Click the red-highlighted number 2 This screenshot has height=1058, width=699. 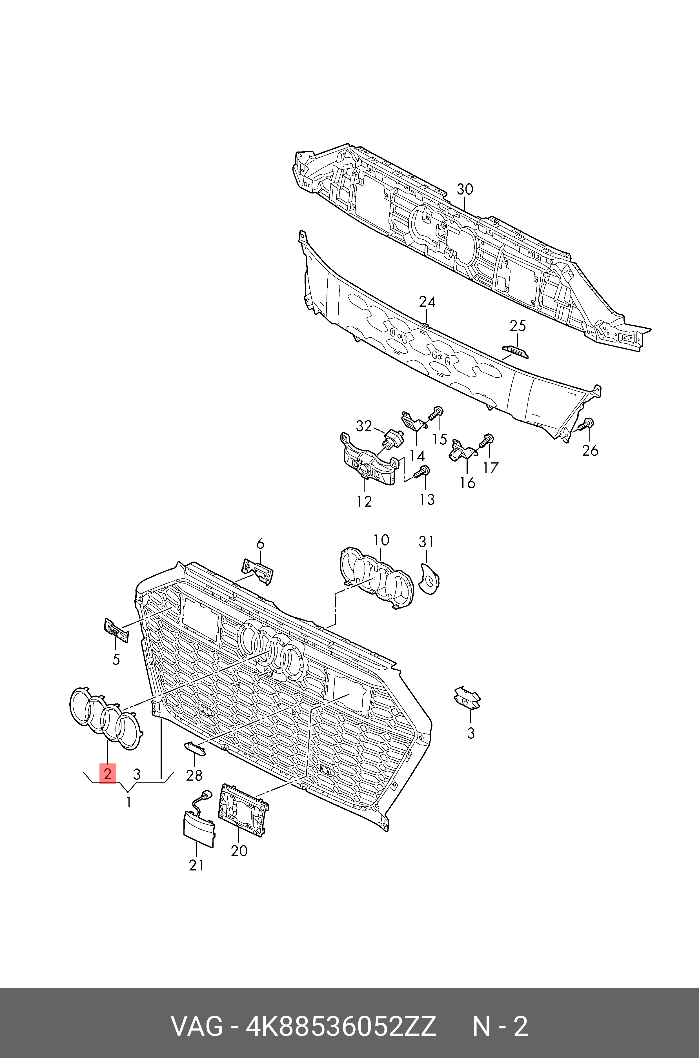click(x=107, y=773)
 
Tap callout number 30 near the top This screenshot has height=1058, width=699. click(x=465, y=189)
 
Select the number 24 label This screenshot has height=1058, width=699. click(x=427, y=302)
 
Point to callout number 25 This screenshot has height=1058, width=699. click(x=518, y=326)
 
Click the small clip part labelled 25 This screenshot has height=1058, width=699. click(x=515, y=352)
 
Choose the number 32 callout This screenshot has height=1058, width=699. click(x=364, y=426)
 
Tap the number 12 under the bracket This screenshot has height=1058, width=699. click(x=364, y=502)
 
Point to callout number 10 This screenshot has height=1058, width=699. click(x=381, y=540)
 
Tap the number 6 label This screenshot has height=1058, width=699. click(x=260, y=544)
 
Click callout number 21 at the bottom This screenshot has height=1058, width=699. click(x=196, y=866)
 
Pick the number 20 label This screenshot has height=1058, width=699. click(x=239, y=851)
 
